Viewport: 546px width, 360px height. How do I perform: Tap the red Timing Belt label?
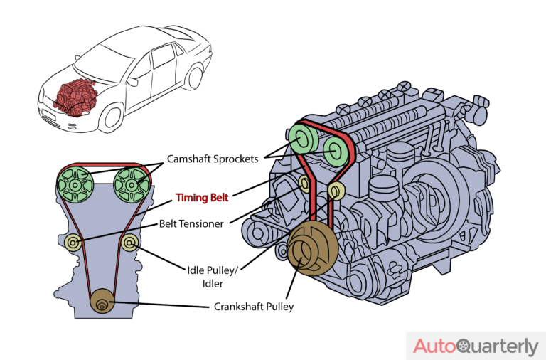click(x=203, y=198)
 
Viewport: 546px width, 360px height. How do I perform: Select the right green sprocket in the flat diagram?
click(x=129, y=184)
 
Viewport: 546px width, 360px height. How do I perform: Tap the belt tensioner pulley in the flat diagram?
click(x=74, y=244)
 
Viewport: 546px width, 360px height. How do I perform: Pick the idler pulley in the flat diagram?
click(x=131, y=244)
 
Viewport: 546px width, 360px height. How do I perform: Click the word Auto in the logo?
click(x=436, y=346)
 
